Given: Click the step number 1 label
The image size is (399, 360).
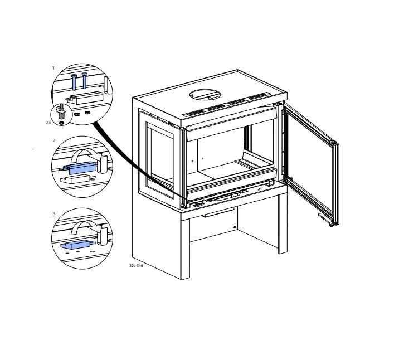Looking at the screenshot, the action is (x=53, y=68).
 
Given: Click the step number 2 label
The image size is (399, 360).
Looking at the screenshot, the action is (x=53, y=140).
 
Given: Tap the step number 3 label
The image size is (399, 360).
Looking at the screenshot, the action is (x=53, y=213).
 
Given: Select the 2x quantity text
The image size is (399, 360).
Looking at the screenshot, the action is (x=48, y=123).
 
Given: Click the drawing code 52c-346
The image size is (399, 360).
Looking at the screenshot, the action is (x=136, y=266).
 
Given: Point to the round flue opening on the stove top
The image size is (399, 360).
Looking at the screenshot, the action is (x=205, y=94).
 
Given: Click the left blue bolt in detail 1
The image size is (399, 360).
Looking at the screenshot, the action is (x=74, y=82).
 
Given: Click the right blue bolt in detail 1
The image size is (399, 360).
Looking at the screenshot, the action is (x=84, y=80).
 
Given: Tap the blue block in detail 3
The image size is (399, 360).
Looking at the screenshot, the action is (x=77, y=245).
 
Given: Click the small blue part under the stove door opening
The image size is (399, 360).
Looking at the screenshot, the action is (x=198, y=205).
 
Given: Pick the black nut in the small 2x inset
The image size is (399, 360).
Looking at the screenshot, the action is (x=61, y=123).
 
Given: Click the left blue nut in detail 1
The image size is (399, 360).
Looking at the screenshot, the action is (x=77, y=114).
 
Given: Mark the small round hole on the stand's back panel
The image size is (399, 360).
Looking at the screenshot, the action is (x=235, y=227).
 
